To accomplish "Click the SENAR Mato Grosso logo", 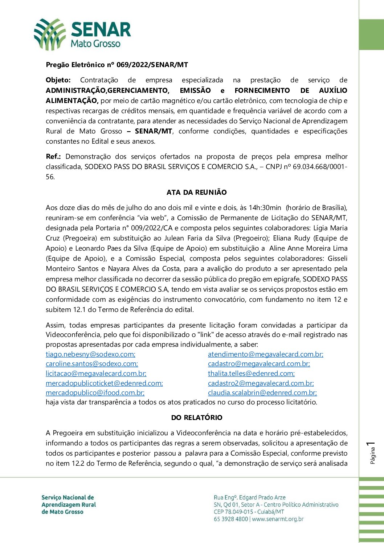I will (x=82, y=34).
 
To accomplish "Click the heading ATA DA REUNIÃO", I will (x=196, y=192).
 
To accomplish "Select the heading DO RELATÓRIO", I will (x=196, y=417).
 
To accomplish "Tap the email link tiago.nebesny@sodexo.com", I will (x=90, y=354).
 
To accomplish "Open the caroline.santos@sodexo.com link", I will (x=92, y=364).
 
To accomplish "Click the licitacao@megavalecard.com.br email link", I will (x=96, y=374).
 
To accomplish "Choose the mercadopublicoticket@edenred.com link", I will (x=104, y=383).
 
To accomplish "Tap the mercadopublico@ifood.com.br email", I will (x=95, y=393).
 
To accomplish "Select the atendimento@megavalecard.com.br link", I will (x=265, y=354).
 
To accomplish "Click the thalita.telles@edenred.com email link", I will (x=251, y=374).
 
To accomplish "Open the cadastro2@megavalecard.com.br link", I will (x=261, y=383).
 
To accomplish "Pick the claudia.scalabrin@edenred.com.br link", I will (x=262, y=393).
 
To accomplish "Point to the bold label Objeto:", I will (x=58, y=80).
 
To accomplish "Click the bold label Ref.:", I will (x=53, y=157).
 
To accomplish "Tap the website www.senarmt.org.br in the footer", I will (x=278, y=519).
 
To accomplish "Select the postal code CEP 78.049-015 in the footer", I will (x=233, y=512).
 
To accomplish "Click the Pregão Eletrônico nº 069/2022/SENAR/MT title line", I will (x=117, y=65).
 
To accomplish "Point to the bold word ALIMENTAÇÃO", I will (x=72, y=100).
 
